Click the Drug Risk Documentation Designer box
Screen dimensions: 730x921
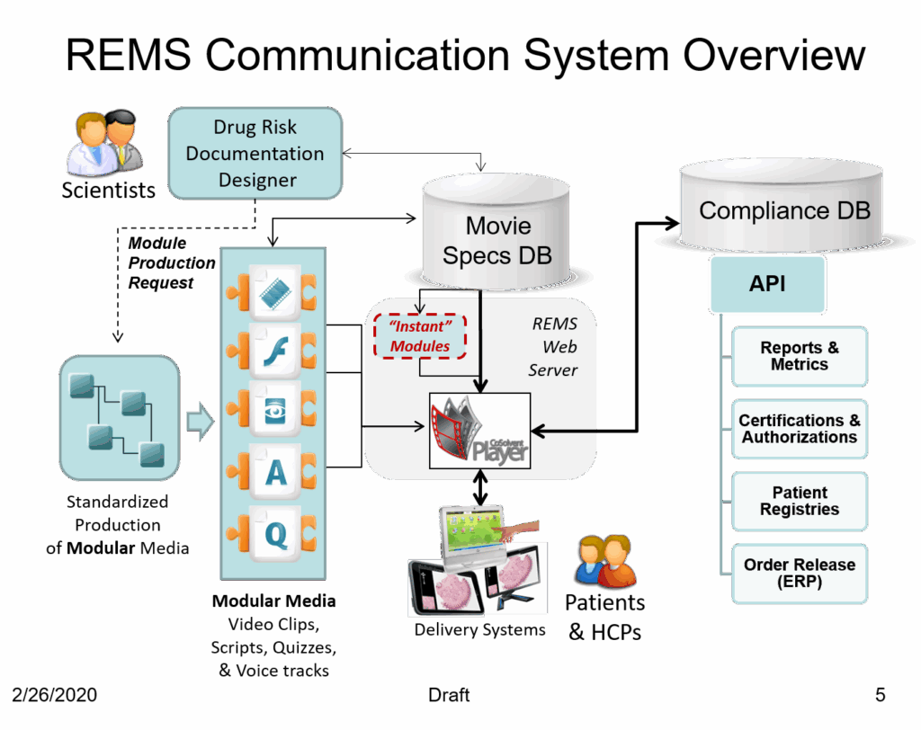255,153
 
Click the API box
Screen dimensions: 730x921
766,284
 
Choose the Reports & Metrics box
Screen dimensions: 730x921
799,357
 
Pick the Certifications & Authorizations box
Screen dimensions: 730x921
799,429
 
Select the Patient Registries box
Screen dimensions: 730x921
799,501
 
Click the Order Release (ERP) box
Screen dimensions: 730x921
799,573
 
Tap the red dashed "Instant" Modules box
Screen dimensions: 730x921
420,336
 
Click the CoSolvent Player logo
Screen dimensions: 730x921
478,432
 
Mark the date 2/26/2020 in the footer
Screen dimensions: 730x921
55,695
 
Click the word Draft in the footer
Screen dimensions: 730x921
449,695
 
